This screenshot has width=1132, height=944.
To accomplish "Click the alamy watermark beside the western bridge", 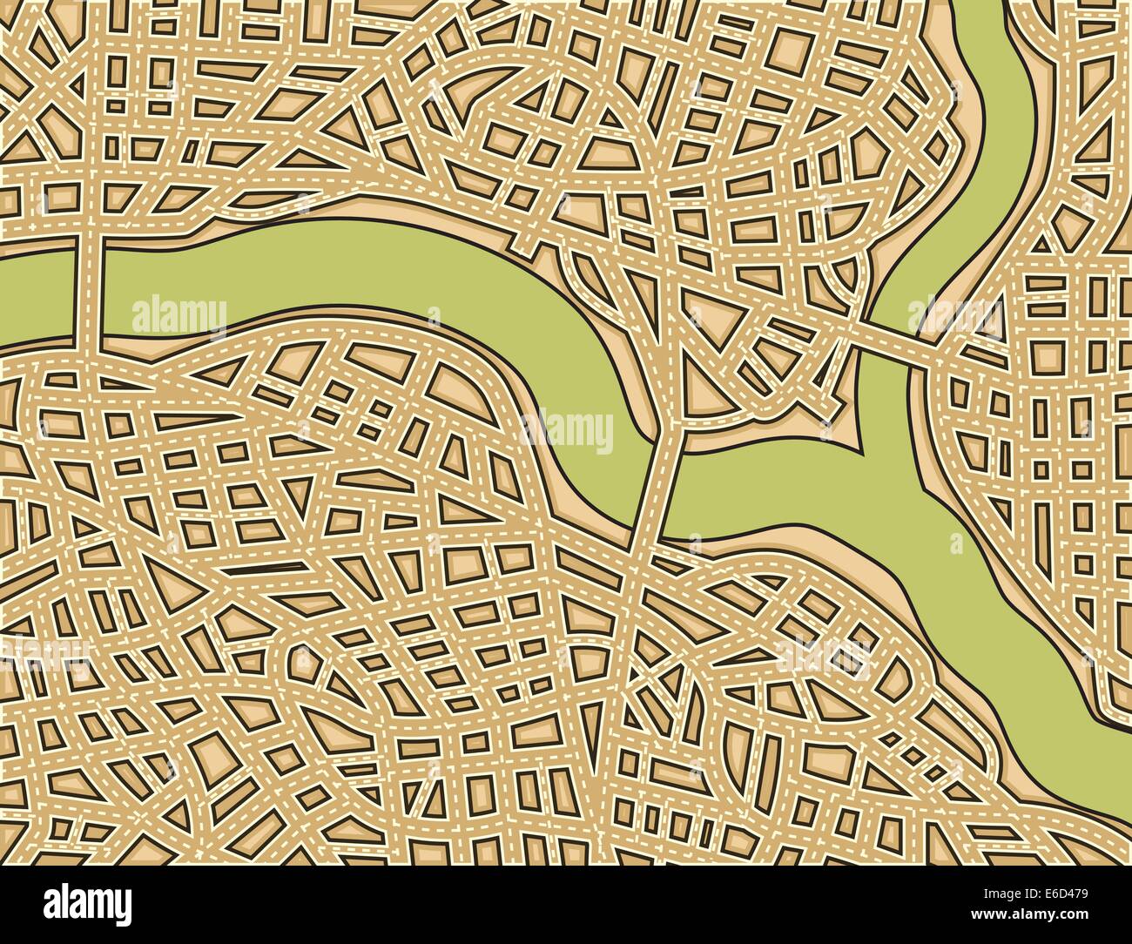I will coord(179,315).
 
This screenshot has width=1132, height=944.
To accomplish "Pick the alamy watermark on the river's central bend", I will coord(566,430).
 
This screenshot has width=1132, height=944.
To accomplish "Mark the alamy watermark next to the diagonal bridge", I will coord(955,317).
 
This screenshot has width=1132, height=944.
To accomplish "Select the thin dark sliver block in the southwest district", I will coord(261,570).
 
